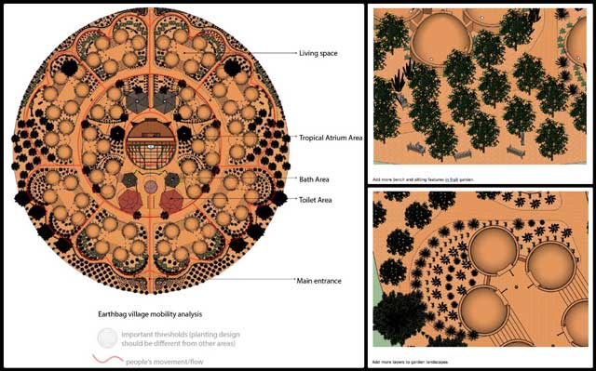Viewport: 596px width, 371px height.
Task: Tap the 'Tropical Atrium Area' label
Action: (x=332, y=137)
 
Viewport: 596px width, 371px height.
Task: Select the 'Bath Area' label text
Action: (x=314, y=179)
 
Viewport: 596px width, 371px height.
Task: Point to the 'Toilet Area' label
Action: (x=316, y=200)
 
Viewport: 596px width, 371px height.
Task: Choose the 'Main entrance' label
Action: (x=318, y=279)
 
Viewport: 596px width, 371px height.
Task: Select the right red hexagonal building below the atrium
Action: (x=172, y=200)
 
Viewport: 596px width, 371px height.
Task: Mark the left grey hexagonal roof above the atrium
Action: (x=136, y=102)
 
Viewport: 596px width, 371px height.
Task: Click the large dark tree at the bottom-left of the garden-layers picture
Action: (x=399, y=316)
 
